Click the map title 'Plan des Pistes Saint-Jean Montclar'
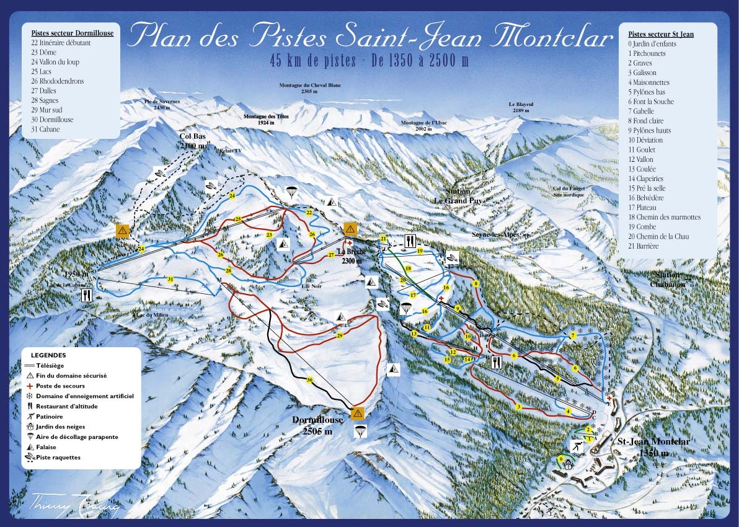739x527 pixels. (x=369, y=36)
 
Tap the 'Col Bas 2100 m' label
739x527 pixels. (x=193, y=141)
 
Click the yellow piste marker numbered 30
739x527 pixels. (x=310, y=380)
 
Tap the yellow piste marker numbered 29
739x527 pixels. (x=339, y=335)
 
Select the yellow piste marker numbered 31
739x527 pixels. (x=170, y=279)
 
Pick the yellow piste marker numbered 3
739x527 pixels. (x=518, y=407)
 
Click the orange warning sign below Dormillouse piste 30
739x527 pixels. (x=357, y=413)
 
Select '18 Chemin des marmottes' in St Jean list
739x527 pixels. (x=664, y=217)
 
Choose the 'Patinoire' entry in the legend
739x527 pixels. (x=50, y=417)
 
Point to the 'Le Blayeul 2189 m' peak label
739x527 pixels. (x=520, y=107)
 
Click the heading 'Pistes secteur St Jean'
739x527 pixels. (x=661, y=34)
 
